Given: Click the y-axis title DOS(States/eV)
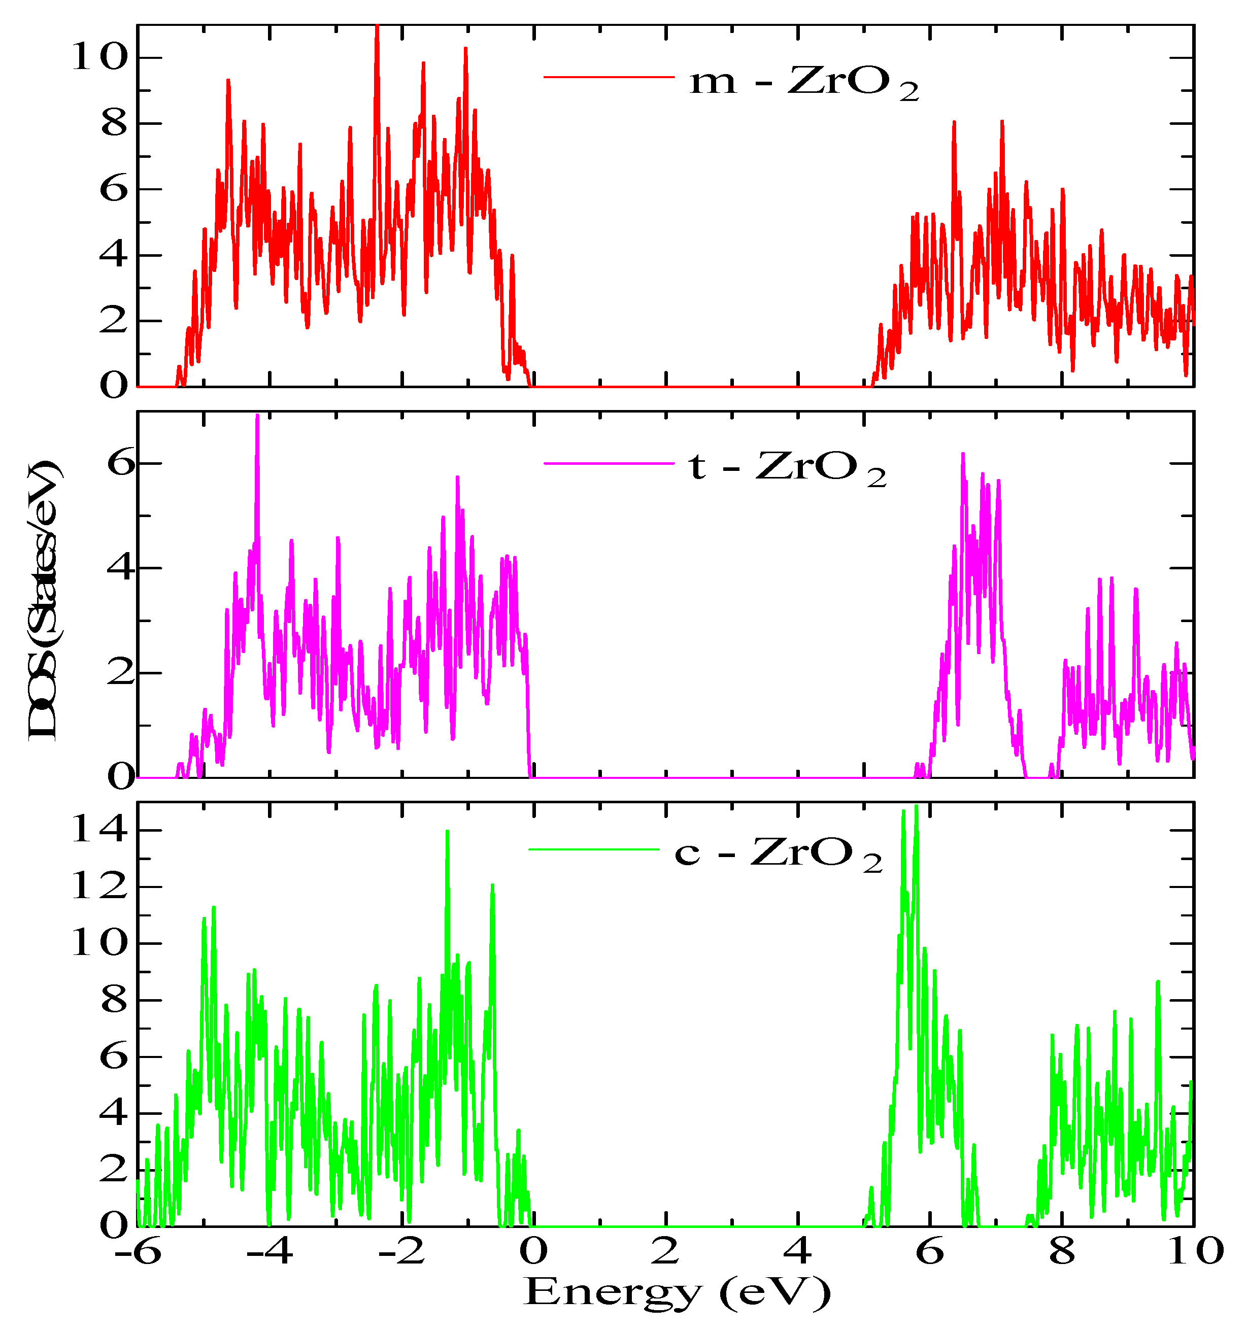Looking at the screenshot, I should pos(44,600).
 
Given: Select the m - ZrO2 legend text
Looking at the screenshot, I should pos(804,82).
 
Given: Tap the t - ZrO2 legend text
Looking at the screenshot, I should pos(787,467).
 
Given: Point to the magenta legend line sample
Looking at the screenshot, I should pos(609,463).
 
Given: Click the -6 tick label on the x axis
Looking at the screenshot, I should pos(138,1252).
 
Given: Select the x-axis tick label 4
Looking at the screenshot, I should pos(798,1252).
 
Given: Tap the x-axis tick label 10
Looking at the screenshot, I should pos(1195,1252).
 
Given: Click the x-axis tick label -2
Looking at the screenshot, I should pos(401,1252).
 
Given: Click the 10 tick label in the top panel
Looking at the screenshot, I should pos(99,58).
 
